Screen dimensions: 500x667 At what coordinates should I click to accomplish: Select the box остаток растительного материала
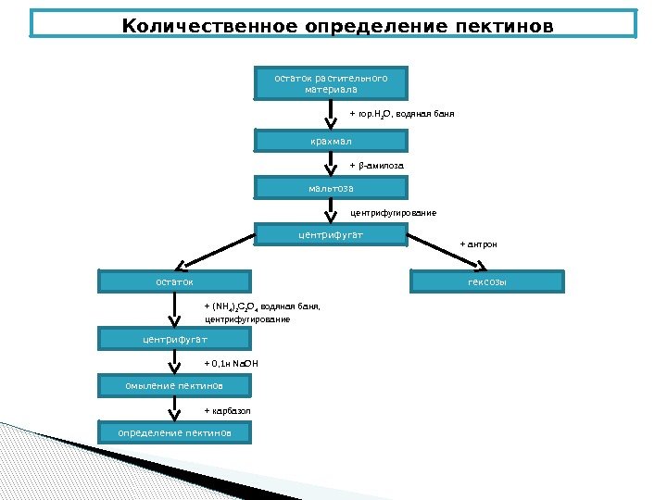331,83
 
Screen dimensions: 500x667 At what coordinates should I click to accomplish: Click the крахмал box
331,141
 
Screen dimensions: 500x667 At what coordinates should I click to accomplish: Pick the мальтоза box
331,189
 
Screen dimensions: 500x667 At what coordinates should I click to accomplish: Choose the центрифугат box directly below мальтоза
331,236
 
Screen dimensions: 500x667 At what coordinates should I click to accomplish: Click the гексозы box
486,281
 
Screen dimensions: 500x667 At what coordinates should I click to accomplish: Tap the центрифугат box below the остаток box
174,341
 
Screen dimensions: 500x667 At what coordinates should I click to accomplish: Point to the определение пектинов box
174,432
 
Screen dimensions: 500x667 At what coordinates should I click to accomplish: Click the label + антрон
478,244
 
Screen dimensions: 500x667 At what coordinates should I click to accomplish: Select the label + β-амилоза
376,166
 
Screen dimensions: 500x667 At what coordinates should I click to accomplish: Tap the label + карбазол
227,409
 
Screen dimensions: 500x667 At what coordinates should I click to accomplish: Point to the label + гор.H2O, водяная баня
401,114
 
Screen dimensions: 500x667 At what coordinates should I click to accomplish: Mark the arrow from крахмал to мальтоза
330,165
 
